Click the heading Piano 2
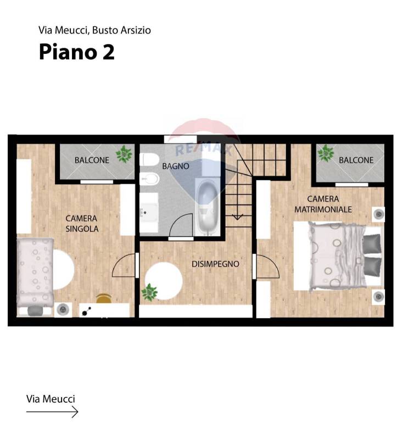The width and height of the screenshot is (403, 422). pos(77,52)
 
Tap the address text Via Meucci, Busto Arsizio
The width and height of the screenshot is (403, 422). pos(94,30)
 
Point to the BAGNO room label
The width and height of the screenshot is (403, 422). pos(176,166)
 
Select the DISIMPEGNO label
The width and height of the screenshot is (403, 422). pos(215,264)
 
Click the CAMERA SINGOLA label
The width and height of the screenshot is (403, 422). pos(82,224)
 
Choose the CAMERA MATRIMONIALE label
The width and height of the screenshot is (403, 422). pos(323,204)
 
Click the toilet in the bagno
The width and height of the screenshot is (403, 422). pos(149,159)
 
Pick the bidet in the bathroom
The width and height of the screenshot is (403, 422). pos(149,179)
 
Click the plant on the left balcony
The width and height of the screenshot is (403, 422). pos(124,154)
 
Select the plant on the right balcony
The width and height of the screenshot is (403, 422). pos(326,153)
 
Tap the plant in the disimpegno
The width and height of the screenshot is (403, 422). pos(149,292)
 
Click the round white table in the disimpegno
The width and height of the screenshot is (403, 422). pos(164,281)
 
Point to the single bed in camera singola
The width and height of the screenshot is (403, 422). pos(35,273)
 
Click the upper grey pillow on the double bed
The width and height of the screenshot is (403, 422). pos(372,244)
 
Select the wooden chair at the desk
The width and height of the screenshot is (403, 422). pos(104,298)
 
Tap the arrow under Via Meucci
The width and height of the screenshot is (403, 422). pos(52,412)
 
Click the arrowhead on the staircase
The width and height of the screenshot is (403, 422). pos(237,216)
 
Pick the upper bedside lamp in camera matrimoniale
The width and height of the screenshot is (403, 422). pos(378,214)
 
